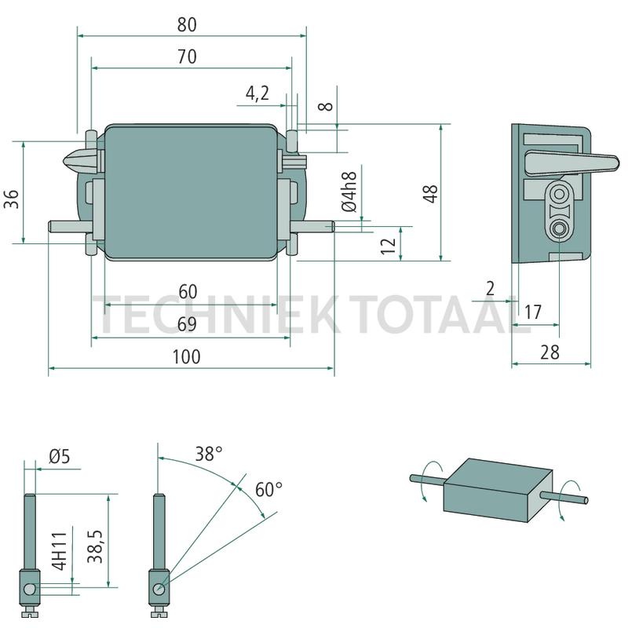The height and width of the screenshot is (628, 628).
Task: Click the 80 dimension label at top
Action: pyautogui.click(x=187, y=25)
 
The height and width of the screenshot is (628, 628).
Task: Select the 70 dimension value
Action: pyautogui.click(x=187, y=57)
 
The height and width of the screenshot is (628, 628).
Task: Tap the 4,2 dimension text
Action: pyautogui.click(x=257, y=93)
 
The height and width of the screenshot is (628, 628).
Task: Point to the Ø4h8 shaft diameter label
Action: pyautogui.click(x=349, y=192)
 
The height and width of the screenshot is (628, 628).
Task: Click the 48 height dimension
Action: pyautogui.click(x=431, y=194)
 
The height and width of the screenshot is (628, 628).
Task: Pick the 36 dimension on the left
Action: pyautogui.click(x=11, y=199)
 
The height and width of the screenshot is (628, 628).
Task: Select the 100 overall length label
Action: pyautogui.click(x=186, y=356)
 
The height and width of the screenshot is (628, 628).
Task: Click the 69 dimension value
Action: pyautogui.click(x=187, y=324)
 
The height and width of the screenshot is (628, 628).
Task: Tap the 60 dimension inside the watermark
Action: pyautogui.click(x=188, y=291)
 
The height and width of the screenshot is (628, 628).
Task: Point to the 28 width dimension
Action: pyautogui.click(x=549, y=352)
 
